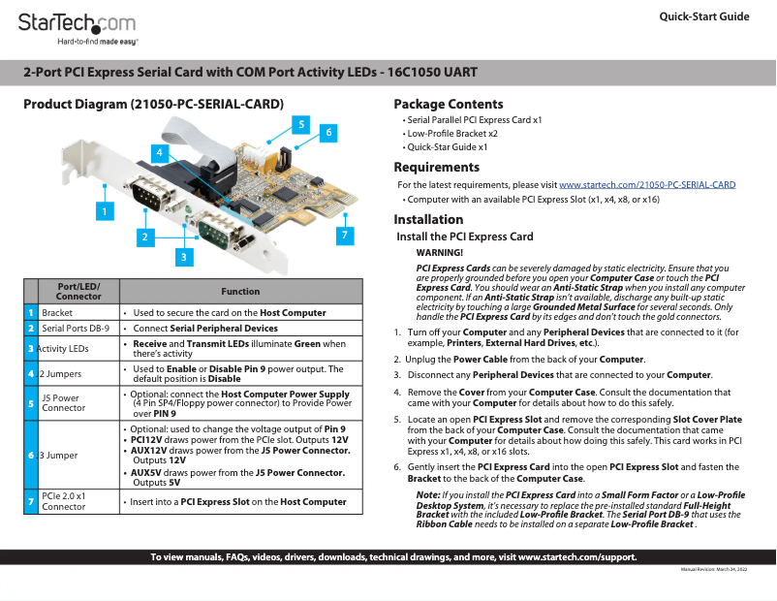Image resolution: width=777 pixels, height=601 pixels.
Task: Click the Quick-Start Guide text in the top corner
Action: [703, 16]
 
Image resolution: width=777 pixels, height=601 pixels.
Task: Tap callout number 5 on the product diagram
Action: [301, 124]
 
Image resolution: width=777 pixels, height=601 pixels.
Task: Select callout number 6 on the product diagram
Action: [328, 132]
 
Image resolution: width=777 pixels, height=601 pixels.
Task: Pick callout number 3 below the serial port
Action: [182, 256]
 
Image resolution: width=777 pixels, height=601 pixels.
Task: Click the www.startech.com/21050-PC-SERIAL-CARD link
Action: [647, 184]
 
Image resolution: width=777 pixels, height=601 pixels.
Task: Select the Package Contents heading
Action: [448, 104]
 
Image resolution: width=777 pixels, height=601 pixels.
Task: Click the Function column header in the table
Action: [240, 291]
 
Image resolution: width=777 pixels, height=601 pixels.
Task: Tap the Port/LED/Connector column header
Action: [78, 291]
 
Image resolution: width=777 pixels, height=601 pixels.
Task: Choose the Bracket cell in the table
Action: [57, 313]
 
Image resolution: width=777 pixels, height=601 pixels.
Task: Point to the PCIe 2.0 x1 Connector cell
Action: [63, 501]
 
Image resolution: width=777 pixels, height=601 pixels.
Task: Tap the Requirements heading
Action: [436, 167]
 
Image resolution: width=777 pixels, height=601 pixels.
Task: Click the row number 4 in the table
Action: [31, 373]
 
